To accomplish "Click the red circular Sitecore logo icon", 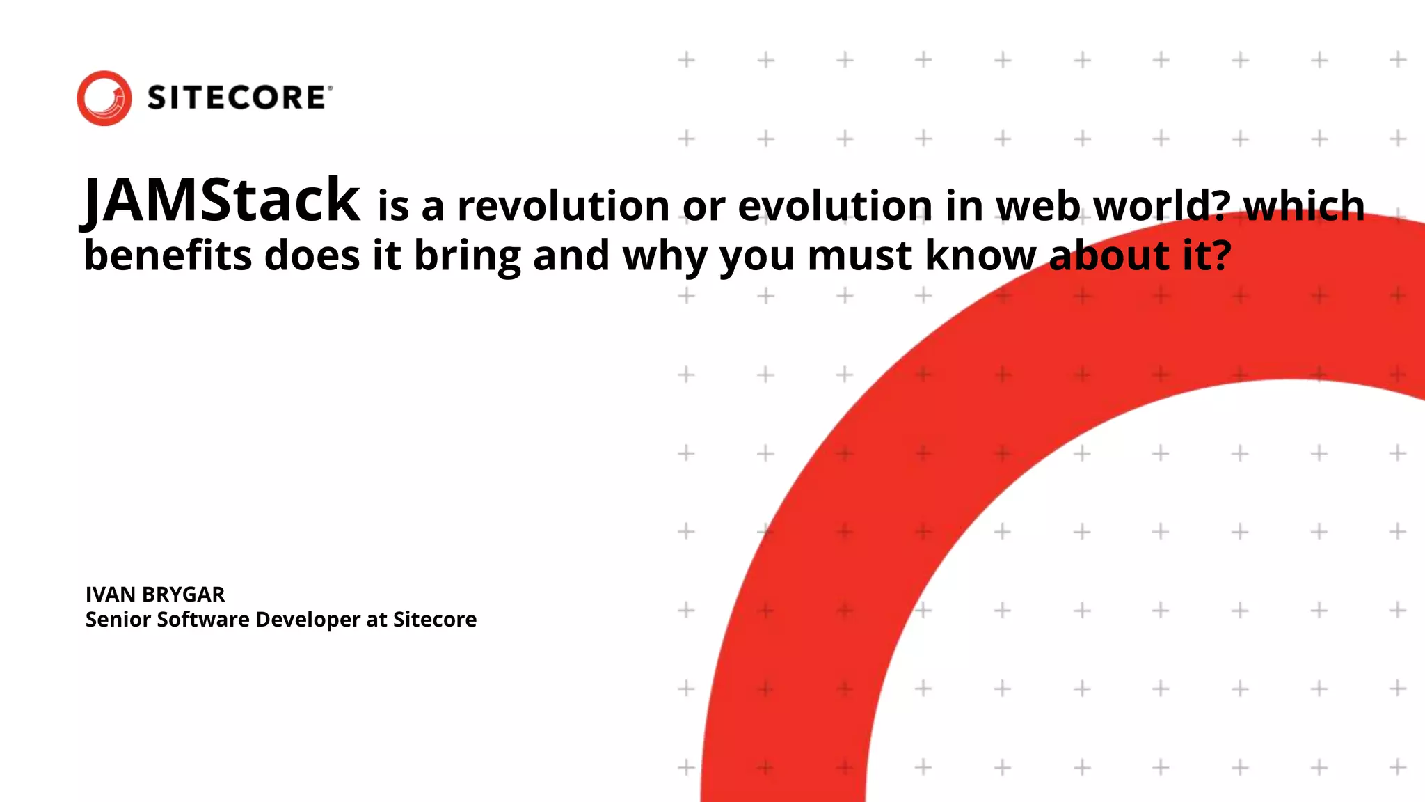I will (104, 98).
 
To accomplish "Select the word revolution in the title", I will (564, 206).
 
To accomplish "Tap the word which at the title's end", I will (1305, 206).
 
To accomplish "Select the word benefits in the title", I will (168, 255).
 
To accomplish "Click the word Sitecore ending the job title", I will (435, 620).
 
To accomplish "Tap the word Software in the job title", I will (203, 620).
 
